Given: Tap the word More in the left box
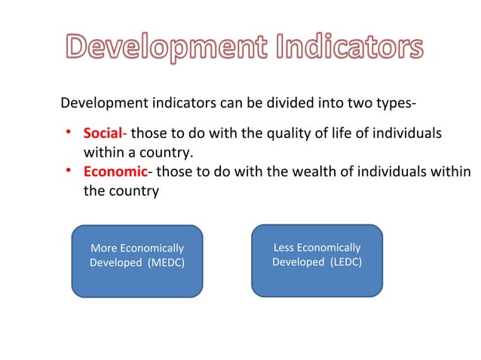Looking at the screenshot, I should click(103, 248).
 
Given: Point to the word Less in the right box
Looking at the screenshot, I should click(284, 247).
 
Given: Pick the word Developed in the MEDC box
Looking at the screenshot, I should click(115, 262).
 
